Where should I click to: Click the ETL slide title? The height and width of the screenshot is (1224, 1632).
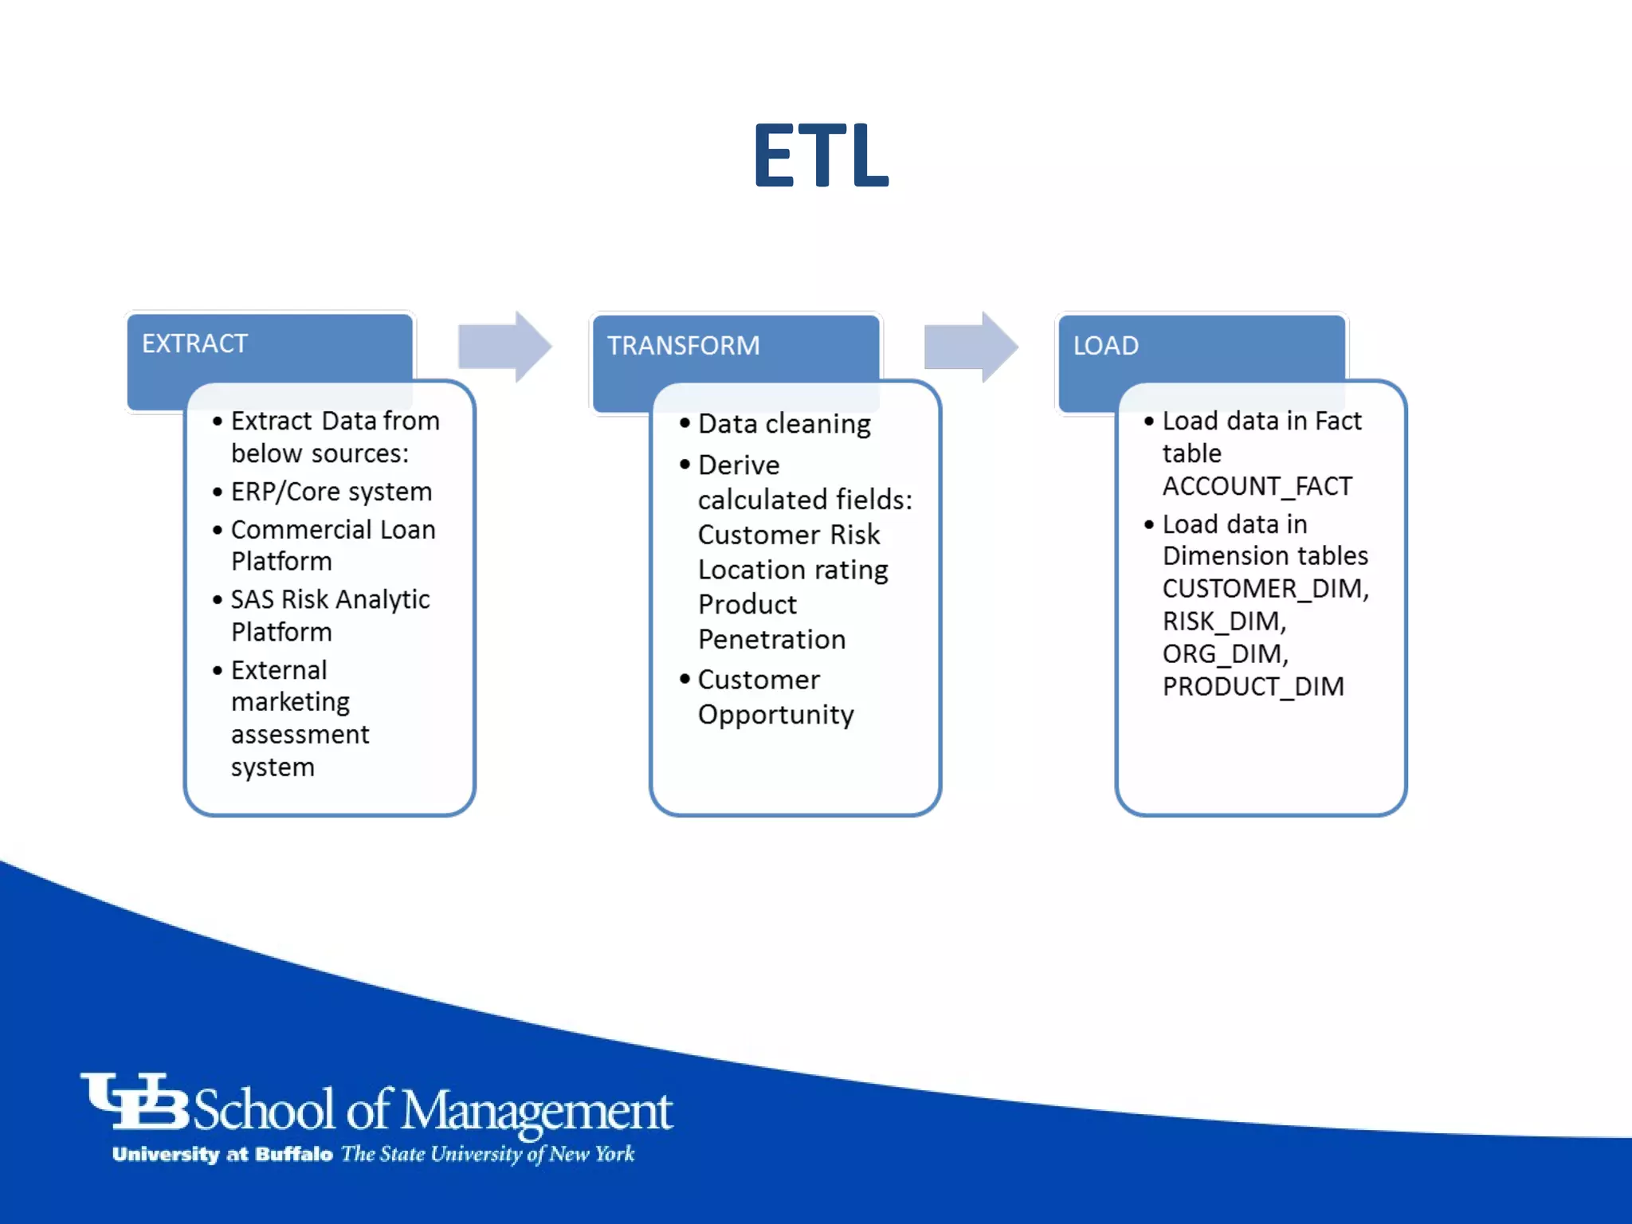[x=821, y=156]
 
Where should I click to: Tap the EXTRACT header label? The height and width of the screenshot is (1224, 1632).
[x=194, y=343]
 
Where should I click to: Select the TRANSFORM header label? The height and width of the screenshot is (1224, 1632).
[x=683, y=346]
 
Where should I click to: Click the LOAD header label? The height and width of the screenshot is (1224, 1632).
[x=1105, y=346]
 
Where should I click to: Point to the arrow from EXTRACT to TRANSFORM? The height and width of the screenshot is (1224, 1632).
[x=505, y=347]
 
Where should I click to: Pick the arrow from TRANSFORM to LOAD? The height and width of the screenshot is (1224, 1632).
[x=971, y=347]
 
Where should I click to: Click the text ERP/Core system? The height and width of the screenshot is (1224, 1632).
[x=331, y=492]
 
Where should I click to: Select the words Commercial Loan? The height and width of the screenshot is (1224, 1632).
[x=332, y=530]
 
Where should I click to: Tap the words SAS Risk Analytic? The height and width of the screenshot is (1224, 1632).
[x=330, y=599]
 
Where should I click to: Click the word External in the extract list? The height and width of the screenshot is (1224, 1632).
[x=279, y=670]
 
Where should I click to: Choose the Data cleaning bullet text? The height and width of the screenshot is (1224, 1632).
[x=784, y=424]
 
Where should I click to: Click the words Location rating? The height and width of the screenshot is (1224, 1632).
[x=793, y=570]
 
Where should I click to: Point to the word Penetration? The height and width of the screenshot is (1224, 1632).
[x=771, y=640]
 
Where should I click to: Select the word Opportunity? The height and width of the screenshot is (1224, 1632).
[x=775, y=715]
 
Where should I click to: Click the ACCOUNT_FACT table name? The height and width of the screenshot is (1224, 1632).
[x=1257, y=486]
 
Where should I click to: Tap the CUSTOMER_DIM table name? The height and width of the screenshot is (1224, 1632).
[x=1264, y=589]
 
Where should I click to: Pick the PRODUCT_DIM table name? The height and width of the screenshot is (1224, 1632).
[x=1253, y=687]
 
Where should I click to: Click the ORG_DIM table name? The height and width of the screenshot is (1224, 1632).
[x=1224, y=654]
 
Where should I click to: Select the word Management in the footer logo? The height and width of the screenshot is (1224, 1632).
[x=536, y=1111]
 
